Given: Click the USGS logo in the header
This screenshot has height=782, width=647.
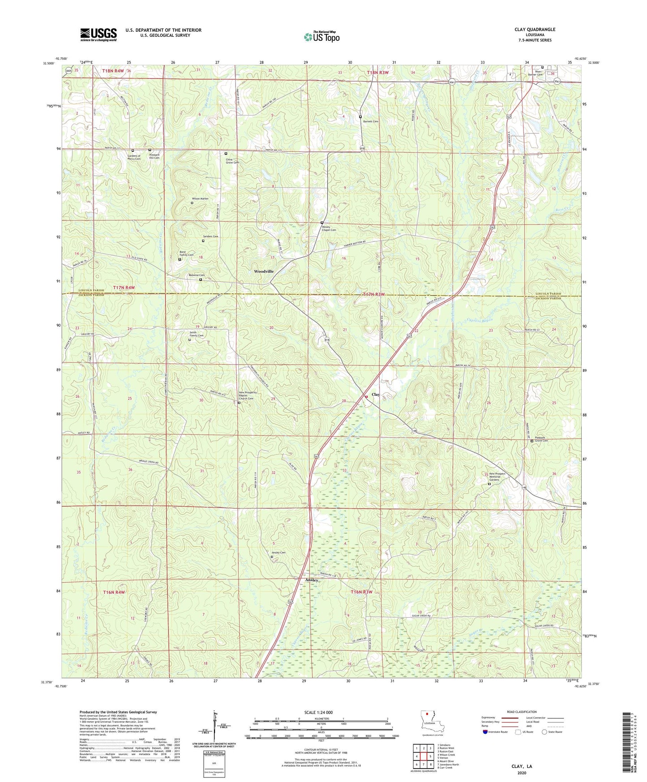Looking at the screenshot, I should click(x=99, y=34).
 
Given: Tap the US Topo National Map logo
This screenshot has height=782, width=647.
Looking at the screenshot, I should click(x=321, y=37).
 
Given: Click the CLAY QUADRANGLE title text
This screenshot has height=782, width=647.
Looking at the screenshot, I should click(x=535, y=30).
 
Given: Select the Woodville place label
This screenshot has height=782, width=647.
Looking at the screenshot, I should click(x=264, y=272).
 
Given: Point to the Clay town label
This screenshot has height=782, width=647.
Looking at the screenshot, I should click(x=376, y=395).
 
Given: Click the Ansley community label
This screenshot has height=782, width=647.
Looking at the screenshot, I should click(x=312, y=580).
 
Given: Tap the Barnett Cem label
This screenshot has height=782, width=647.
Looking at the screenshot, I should click(x=371, y=121).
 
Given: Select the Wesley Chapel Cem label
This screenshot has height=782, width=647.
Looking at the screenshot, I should click(x=329, y=228).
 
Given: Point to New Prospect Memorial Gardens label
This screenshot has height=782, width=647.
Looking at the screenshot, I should click(x=497, y=477).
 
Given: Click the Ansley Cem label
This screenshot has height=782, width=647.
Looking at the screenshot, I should click(x=279, y=553).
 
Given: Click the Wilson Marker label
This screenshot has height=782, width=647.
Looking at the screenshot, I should click(x=200, y=198).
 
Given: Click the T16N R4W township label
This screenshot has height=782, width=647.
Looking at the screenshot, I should click(x=114, y=592).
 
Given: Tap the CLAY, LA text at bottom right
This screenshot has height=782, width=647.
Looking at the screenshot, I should click(x=522, y=766).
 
